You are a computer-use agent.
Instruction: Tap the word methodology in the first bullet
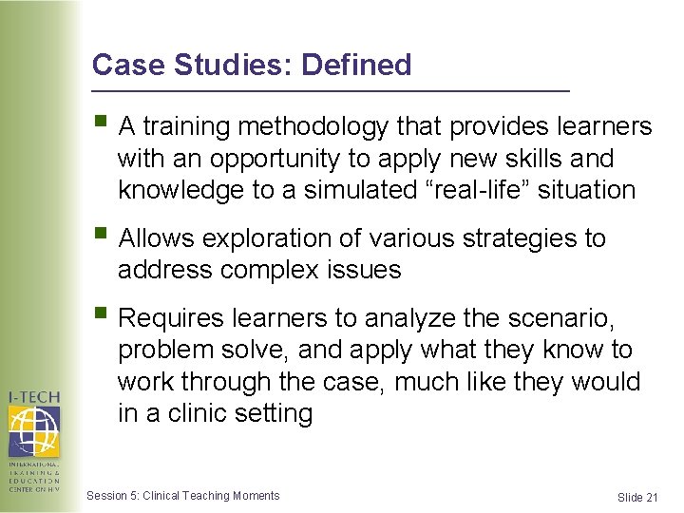pyautogui.click(x=313, y=126)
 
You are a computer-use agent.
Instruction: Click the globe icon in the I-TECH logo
pyautogui.click(x=34, y=429)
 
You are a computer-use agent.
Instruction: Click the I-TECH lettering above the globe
pyautogui.click(x=34, y=396)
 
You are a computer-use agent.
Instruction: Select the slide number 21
pyautogui.click(x=651, y=498)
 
